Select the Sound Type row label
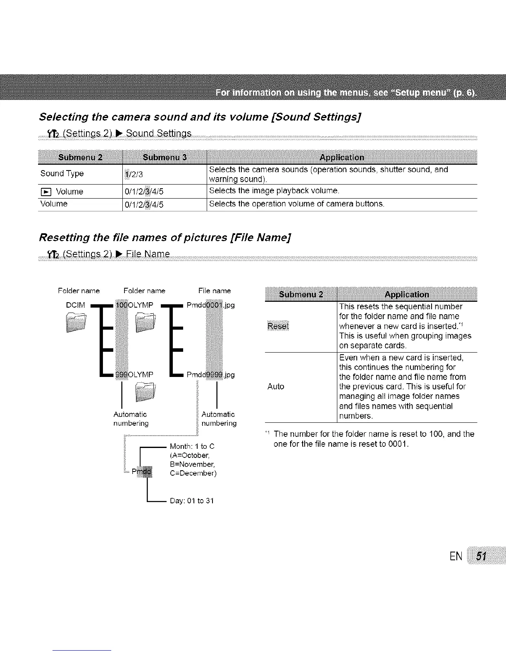pos(62,173)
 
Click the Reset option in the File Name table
pos(279,326)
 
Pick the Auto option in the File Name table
pos(276,386)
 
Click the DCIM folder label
pos(76,305)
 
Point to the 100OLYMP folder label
pos(134,305)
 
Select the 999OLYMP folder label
pos(134,374)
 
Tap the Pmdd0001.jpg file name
pos(210,305)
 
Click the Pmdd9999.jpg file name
pos(210,374)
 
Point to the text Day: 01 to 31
pos(192,501)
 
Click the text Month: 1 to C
pos(192,446)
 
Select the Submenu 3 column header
pos(164,157)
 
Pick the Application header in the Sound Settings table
pos(342,157)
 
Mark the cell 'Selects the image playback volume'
pos(274,191)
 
